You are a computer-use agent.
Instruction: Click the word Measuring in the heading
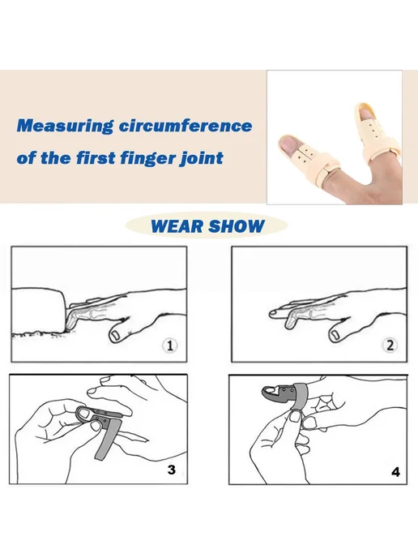(65, 127)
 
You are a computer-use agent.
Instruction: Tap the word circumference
(186, 126)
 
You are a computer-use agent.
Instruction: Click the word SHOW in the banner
(237, 226)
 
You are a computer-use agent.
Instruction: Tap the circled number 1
(169, 346)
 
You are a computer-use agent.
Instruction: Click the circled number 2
(390, 346)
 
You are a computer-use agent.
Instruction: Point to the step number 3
(171, 470)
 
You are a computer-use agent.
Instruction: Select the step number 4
(395, 472)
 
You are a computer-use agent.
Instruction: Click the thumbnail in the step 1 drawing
(116, 335)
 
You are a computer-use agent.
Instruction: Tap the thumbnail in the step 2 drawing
(335, 335)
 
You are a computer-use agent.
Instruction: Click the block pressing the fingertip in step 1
(38, 311)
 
